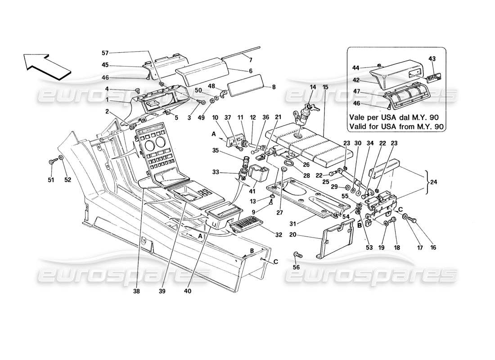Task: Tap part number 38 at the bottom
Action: (136, 291)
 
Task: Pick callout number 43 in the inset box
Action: (432, 59)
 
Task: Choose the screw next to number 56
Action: (297, 255)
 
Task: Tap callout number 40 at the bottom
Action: (188, 291)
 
